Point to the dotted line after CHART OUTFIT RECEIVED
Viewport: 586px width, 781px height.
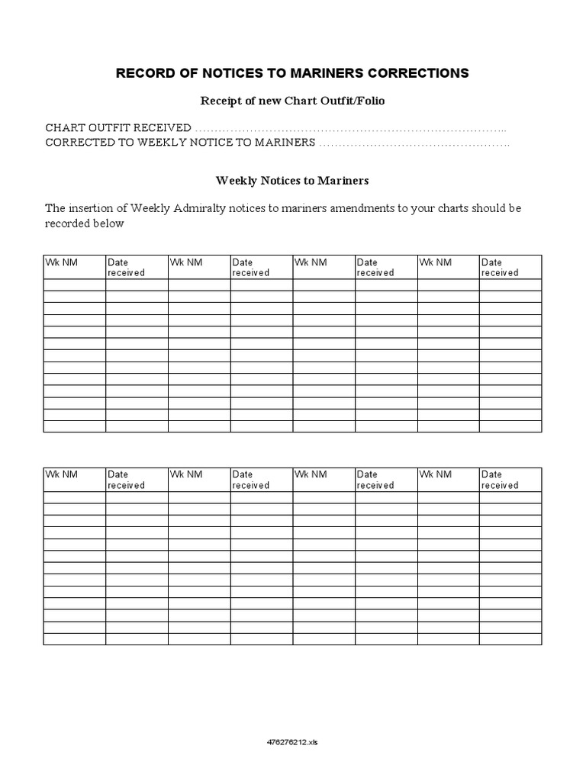[351, 128]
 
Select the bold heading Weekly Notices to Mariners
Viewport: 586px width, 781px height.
[292, 181]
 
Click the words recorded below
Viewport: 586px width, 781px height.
[84, 224]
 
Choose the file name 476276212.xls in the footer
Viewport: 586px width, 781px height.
[293, 741]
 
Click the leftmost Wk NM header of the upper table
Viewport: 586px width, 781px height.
[61, 262]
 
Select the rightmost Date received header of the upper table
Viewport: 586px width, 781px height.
[500, 267]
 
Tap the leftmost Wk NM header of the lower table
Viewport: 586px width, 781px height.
[61, 474]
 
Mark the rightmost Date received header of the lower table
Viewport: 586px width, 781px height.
[500, 480]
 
